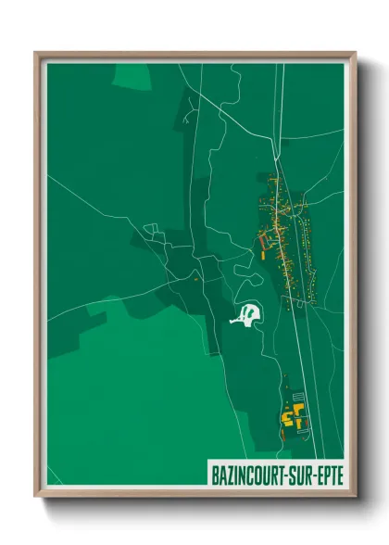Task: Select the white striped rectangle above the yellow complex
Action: point(298,396)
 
